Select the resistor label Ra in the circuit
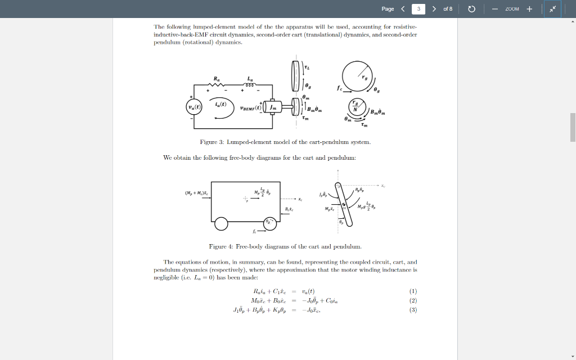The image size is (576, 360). coord(217,79)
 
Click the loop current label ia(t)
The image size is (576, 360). coord(220,105)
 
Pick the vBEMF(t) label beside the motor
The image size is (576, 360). coord(250,107)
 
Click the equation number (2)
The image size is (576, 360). coord(413,300)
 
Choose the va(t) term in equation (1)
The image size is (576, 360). coord(307,291)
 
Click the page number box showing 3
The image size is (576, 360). coord(418,9)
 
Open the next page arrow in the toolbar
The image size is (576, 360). coord(434,9)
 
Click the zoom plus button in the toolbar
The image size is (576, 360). coord(529,9)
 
